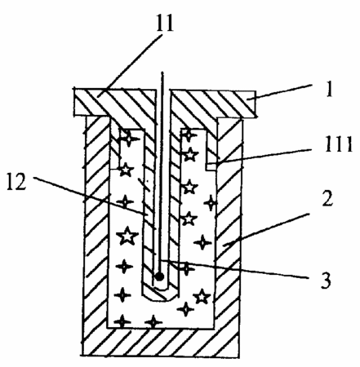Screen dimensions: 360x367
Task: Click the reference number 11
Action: [x=165, y=21]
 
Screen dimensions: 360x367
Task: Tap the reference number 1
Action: [x=330, y=89]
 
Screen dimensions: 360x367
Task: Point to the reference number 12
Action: [x=16, y=181]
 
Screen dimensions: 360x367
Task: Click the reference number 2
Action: [x=327, y=197]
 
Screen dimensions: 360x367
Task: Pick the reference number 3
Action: [x=326, y=279]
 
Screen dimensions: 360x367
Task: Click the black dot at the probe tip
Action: [x=159, y=276]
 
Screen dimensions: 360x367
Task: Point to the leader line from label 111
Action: [x=265, y=157]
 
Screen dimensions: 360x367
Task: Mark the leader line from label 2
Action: [x=266, y=229]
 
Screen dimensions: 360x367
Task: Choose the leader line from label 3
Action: [x=235, y=269]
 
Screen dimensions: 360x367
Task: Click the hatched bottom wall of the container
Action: [x=161, y=341]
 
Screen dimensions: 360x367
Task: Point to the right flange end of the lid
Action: [x=251, y=104]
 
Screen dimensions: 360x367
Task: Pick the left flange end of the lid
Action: [x=79, y=103]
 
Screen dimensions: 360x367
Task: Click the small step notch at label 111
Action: [x=211, y=166]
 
